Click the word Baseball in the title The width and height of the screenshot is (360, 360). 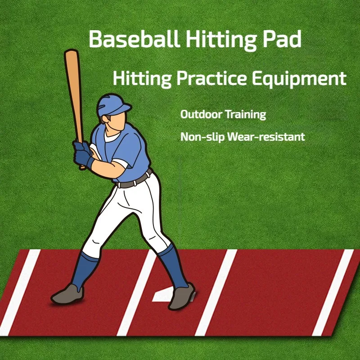(133, 40)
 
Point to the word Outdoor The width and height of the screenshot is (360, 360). (201, 114)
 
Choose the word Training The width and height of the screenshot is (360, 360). (246, 115)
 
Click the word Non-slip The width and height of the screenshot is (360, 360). (202, 136)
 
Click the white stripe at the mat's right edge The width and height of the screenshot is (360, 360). (333, 292)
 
